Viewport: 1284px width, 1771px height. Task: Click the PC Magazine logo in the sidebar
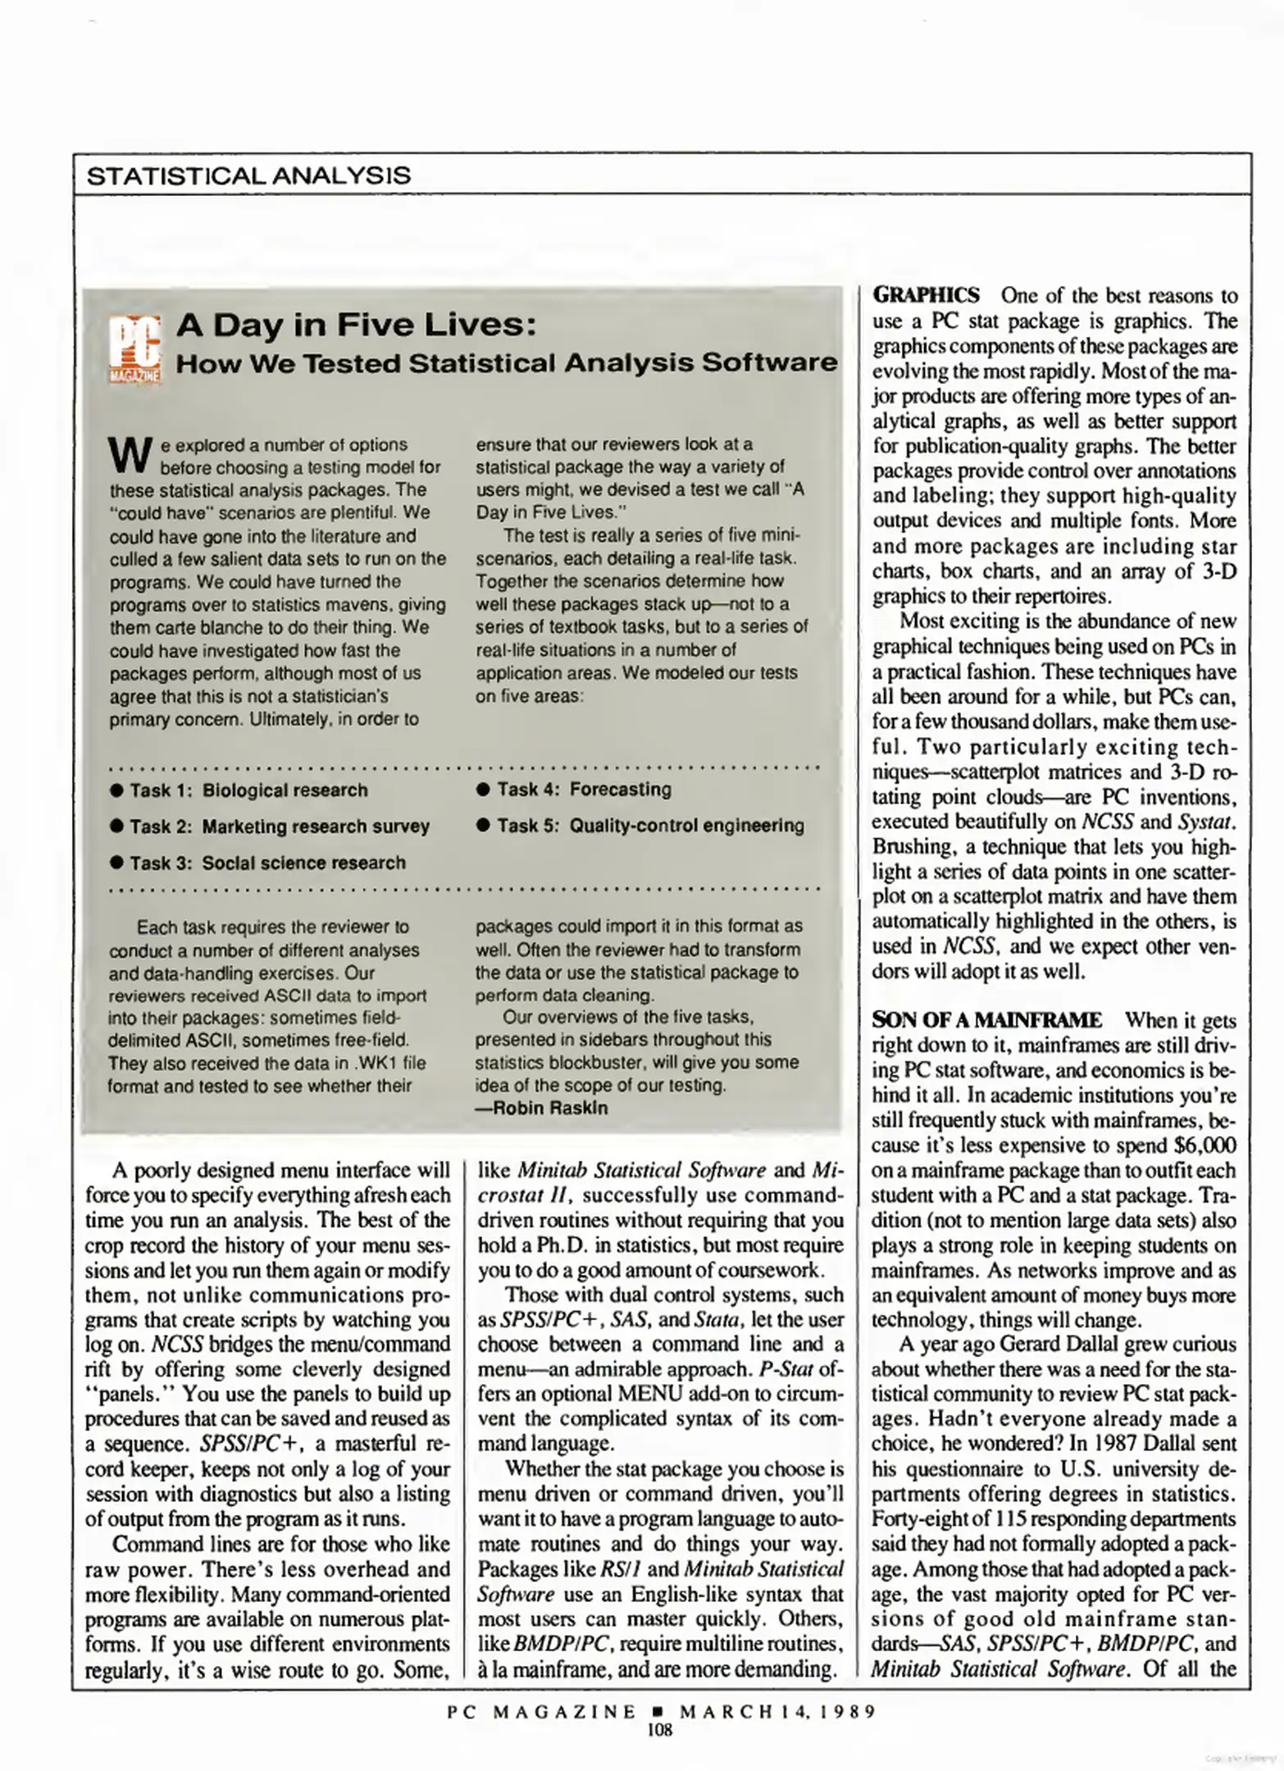pos(134,349)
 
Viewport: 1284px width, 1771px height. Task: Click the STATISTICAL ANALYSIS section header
pos(248,175)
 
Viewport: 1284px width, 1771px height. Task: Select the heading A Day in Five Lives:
pos(357,326)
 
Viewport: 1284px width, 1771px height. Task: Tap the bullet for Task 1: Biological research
pos(116,790)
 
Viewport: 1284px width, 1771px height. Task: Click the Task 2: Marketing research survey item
pos(279,826)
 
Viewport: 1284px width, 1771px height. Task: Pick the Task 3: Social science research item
pos(266,863)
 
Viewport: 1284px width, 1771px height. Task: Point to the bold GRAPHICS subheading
pos(925,295)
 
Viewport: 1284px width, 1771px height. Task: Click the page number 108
pos(659,1730)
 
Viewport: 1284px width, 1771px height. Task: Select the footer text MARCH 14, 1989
pos(777,1711)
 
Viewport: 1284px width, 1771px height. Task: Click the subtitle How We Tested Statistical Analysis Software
pos(507,363)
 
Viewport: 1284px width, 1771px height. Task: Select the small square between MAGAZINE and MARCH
pos(658,1711)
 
